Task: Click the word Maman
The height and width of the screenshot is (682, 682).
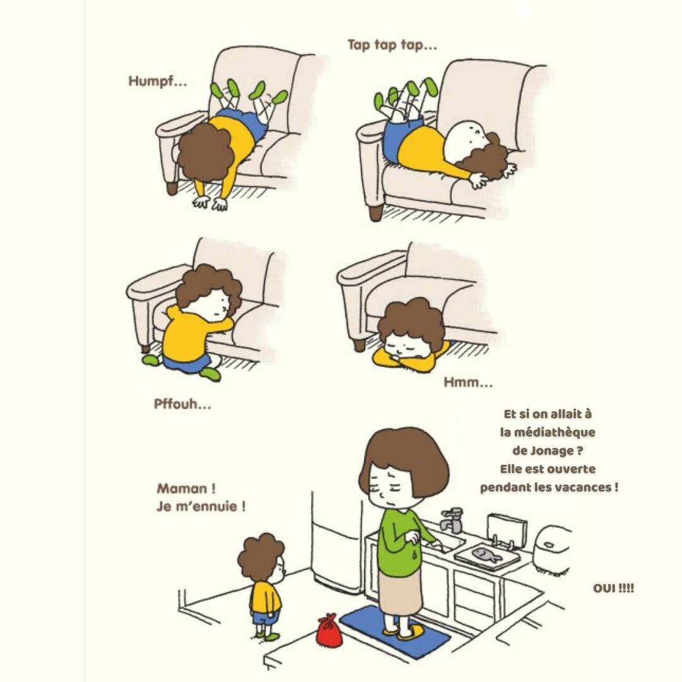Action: [182, 488]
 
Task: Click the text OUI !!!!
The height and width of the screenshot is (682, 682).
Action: [613, 589]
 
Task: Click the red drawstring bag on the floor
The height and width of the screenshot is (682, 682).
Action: [328, 630]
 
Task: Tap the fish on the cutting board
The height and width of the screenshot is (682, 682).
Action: [487, 554]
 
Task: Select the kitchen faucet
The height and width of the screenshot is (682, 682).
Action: [451, 520]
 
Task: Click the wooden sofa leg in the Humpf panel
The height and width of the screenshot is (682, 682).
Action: [172, 188]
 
